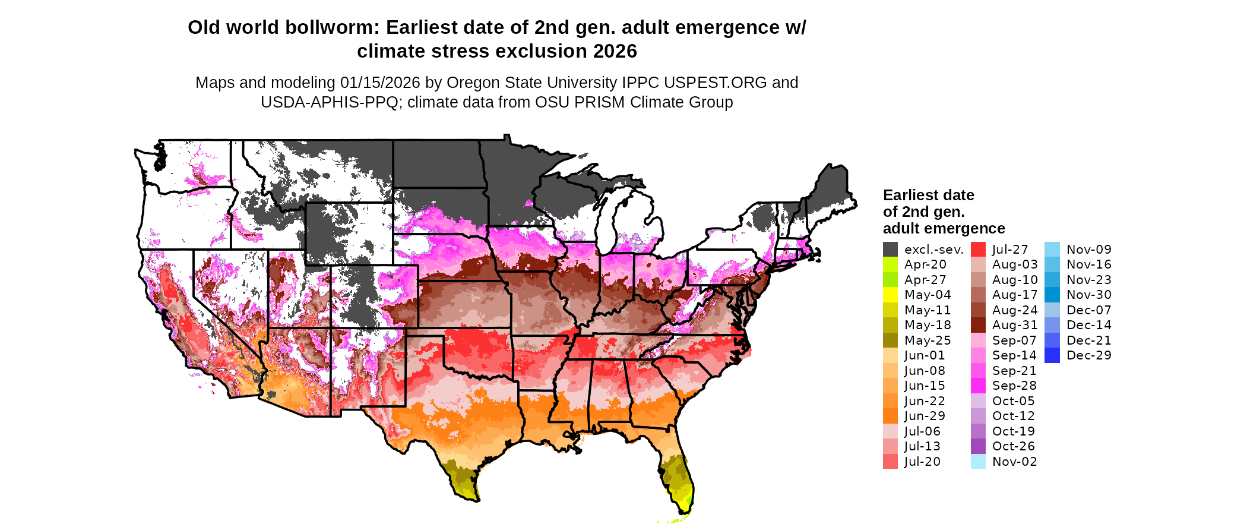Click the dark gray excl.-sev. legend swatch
[x=890, y=250]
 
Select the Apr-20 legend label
[x=925, y=264]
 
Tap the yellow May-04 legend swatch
[x=890, y=295]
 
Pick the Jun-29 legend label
[x=925, y=416]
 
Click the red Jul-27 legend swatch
[x=978, y=250]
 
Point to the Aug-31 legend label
[x=1015, y=325]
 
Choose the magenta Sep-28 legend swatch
[x=978, y=386]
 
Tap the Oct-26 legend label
[x=1013, y=446]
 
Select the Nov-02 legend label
[x=1014, y=462]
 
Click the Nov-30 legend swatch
[x=1052, y=295]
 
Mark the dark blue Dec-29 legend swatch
[x=1052, y=355]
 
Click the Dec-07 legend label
[x=1088, y=310]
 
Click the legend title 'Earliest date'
[x=928, y=195]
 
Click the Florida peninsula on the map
[x=677, y=475]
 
